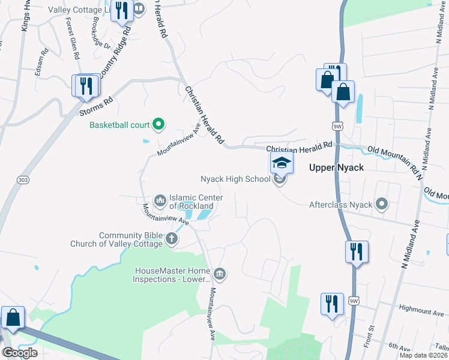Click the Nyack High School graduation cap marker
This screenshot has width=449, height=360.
point(282,162)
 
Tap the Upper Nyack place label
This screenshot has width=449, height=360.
point(336,167)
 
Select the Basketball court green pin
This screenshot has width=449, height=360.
point(158,125)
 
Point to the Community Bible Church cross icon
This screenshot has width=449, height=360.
point(172,239)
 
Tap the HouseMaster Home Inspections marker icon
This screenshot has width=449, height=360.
point(220,274)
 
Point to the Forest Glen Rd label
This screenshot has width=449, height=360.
point(73,37)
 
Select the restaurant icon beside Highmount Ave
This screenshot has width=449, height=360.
point(332,304)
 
